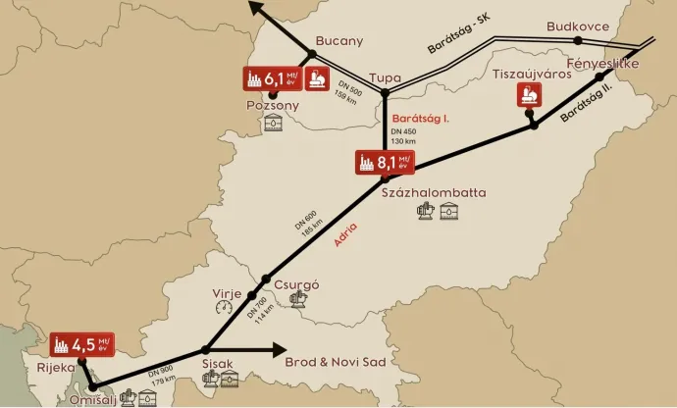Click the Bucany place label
click(339, 41)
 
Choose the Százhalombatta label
click(433, 192)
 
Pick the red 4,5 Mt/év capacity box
click(81, 346)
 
